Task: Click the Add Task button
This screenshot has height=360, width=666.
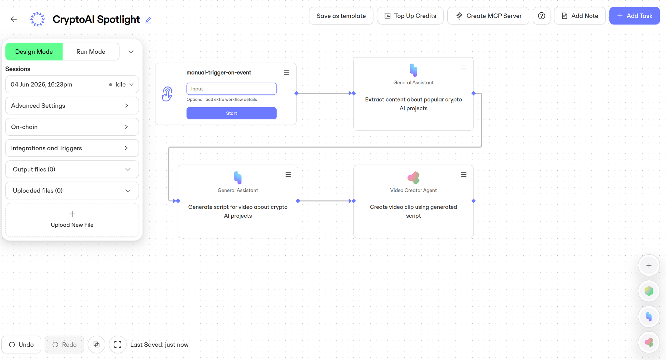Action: coord(634,16)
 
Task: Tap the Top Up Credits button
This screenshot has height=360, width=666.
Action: coord(410,16)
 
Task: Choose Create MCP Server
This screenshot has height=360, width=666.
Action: coord(488,16)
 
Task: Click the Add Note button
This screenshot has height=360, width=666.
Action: coord(579,16)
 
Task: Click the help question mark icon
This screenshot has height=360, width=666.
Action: coord(541,16)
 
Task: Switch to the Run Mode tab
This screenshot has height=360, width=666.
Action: coord(91,52)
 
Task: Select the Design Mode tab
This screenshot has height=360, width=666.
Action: coord(34,52)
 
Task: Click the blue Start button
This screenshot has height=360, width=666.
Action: coord(231,113)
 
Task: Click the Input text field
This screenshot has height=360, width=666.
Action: coord(231,89)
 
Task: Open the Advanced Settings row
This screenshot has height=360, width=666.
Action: coord(72,106)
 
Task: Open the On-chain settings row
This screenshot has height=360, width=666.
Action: coord(72,127)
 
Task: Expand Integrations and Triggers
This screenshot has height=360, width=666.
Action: coord(72,148)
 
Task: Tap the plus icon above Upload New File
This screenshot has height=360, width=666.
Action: coord(72,214)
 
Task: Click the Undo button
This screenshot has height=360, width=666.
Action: coord(21,344)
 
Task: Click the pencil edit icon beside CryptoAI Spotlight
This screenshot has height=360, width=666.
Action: coord(148,20)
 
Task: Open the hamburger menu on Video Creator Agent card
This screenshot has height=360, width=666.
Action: coord(464,175)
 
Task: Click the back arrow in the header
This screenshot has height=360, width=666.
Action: coord(14,19)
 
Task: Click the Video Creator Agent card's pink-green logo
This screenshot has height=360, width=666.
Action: coord(414,178)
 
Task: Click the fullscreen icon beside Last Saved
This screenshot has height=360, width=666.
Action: coord(118,344)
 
